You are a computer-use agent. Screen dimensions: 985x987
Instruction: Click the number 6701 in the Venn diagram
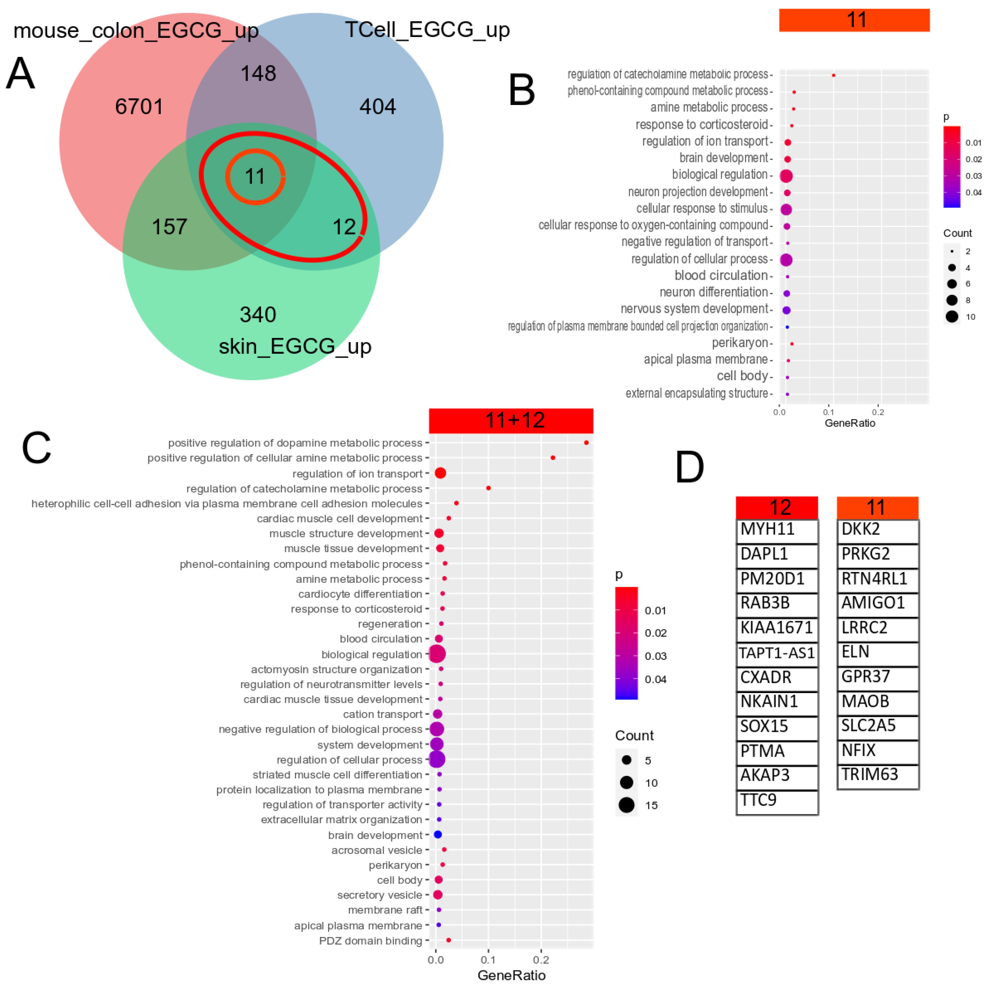139,107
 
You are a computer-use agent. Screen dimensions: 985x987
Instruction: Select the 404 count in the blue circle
378,107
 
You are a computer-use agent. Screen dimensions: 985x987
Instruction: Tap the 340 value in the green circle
258,314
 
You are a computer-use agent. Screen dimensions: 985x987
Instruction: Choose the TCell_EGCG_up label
427,30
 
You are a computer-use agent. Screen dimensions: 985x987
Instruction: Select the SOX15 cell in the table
777,726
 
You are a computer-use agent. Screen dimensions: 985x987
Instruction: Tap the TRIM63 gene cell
877,775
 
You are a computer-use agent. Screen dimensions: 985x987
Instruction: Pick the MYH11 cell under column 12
777,530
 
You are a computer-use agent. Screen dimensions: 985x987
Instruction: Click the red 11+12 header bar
511,420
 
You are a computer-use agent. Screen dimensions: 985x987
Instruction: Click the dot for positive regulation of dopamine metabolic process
586,443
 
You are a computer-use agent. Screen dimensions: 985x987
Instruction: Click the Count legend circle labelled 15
626,805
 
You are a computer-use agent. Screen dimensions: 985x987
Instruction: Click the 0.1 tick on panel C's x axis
488,960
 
